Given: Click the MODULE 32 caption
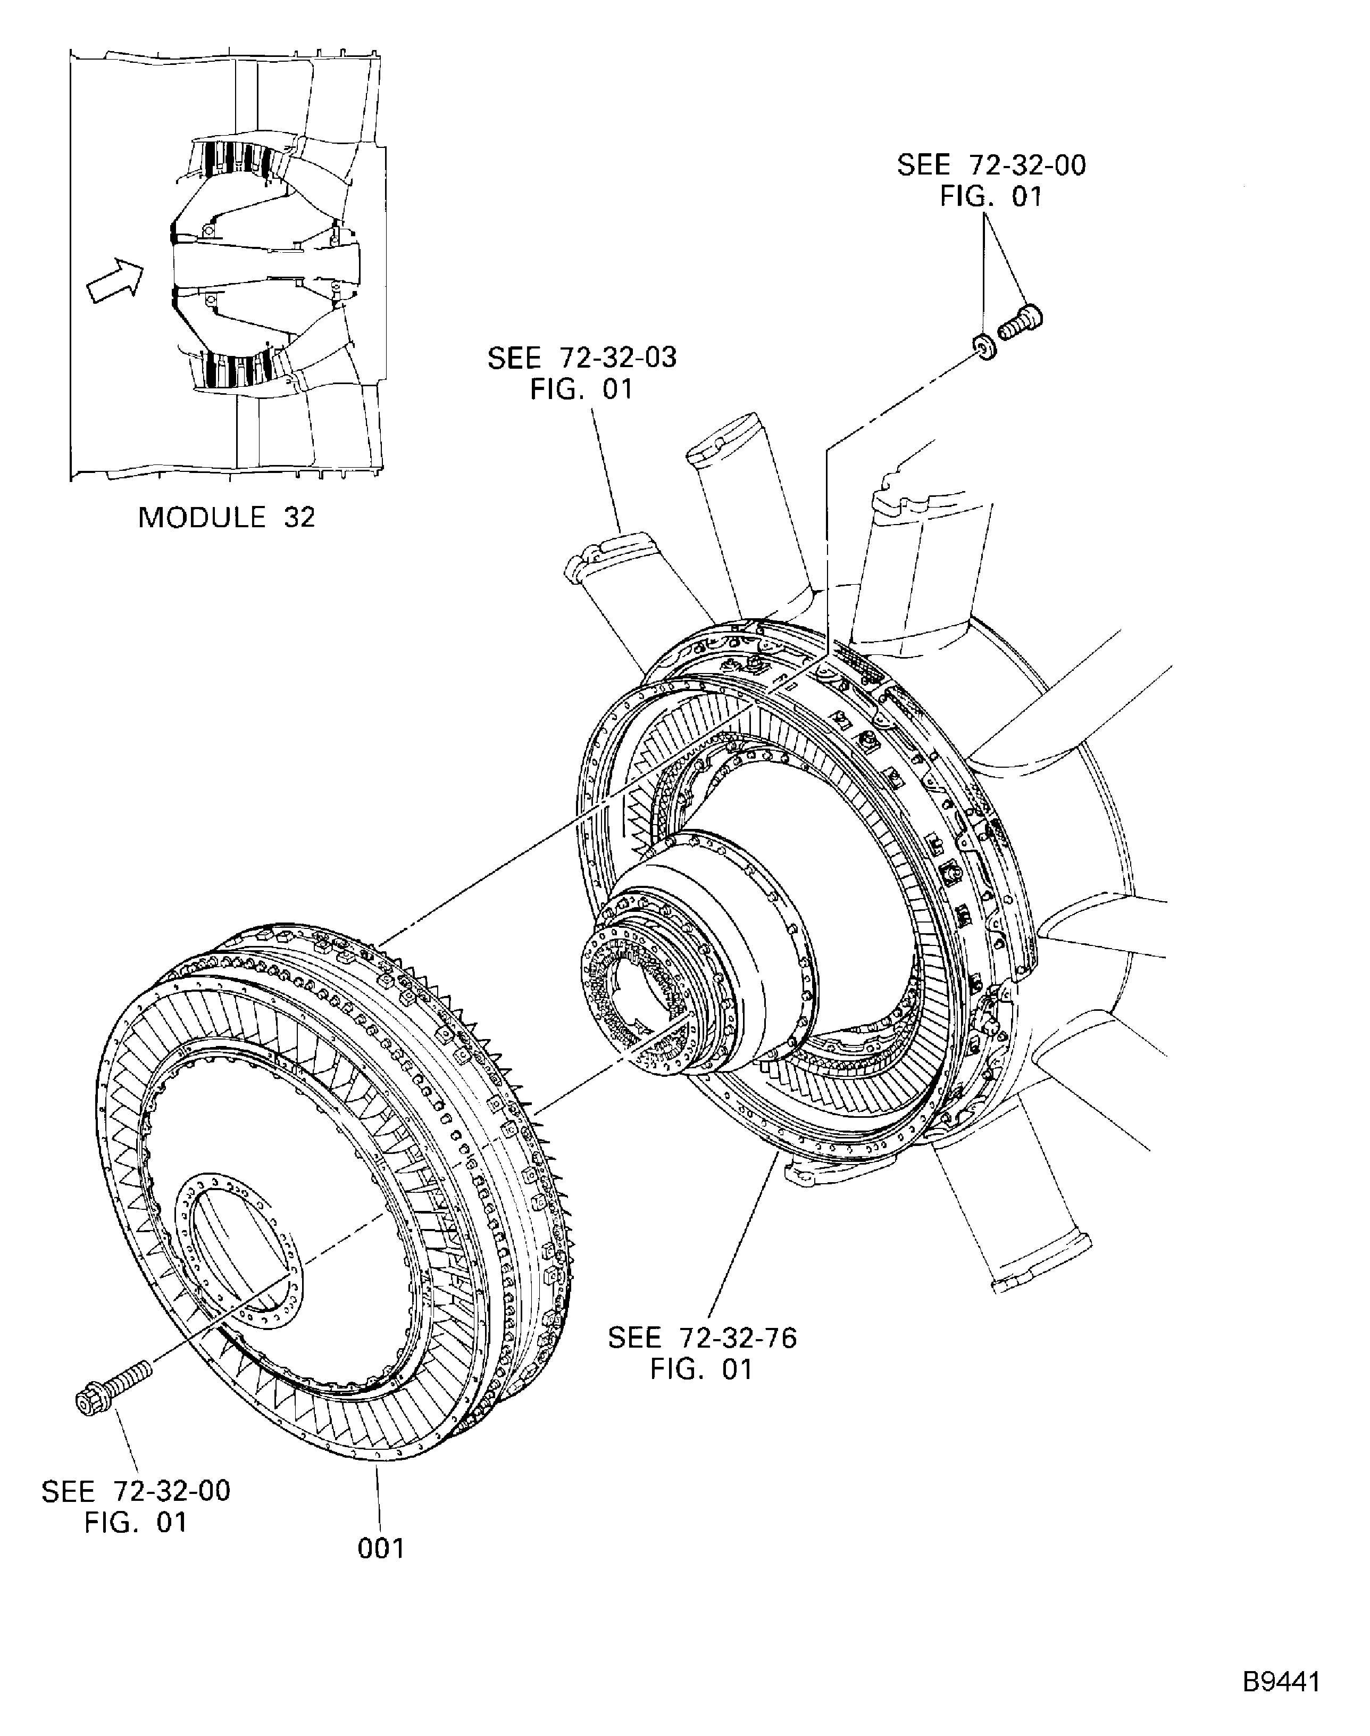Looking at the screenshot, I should tap(227, 518).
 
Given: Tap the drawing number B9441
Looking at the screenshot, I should tap(1281, 1681).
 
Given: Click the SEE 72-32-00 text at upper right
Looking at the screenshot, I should tap(991, 165).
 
